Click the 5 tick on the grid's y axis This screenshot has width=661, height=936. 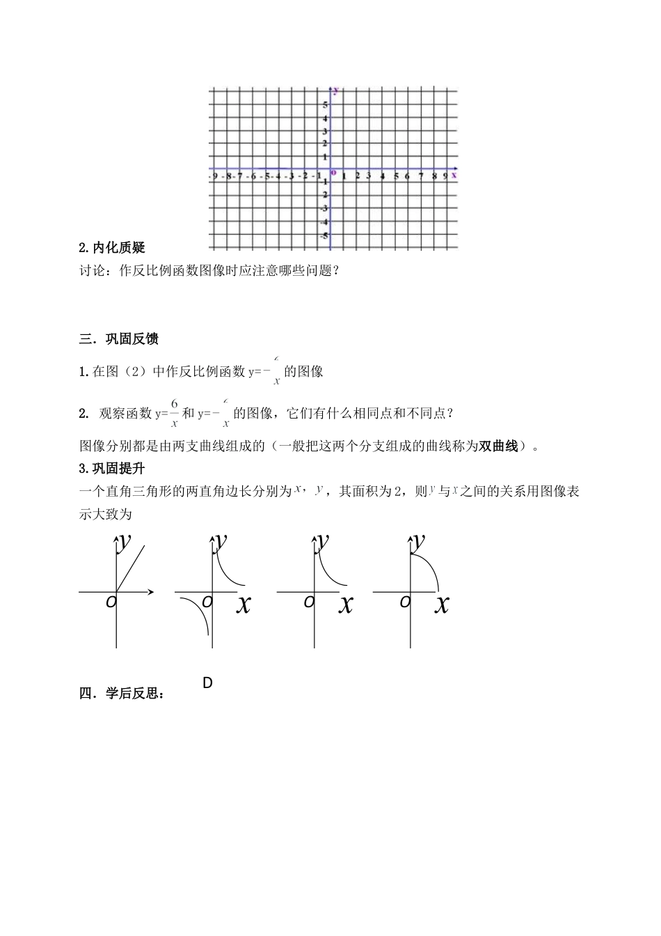tap(325, 104)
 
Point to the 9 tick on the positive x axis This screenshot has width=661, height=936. tap(445, 176)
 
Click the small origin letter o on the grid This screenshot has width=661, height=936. tap(333, 172)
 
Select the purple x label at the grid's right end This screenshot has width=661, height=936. tap(454, 175)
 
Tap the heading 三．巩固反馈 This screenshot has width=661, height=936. tap(119, 339)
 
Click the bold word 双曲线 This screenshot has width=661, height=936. tap(499, 446)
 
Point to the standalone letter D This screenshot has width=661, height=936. tap(207, 683)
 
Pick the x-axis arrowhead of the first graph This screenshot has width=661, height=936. tap(150, 593)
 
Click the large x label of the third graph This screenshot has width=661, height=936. tap(345, 604)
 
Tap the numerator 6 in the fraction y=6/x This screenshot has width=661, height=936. tap(174, 404)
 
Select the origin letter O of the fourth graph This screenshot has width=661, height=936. tap(405, 602)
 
